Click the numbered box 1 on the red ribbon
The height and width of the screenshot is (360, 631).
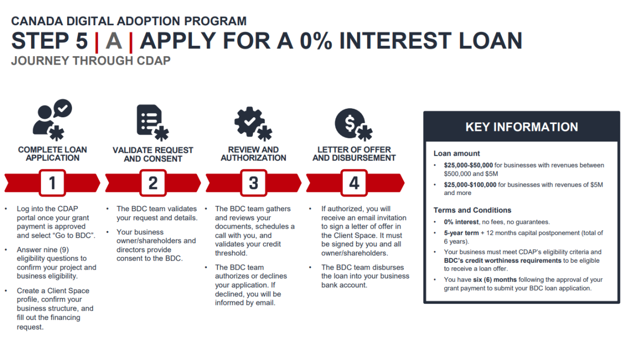[x=53, y=183]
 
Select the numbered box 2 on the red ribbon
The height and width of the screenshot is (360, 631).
[x=153, y=183]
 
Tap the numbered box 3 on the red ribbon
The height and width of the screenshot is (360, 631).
[x=253, y=183]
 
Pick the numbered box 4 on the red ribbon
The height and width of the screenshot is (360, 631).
[x=354, y=183]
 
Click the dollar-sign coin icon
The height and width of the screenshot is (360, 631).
[x=350, y=124]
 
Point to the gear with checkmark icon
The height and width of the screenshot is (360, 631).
[x=250, y=121]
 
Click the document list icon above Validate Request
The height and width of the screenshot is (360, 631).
[x=149, y=120]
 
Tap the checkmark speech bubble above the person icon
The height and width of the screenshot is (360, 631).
[x=63, y=108]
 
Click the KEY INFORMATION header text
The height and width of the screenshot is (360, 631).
[x=522, y=127]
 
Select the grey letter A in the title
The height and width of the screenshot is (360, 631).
[x=114, y=41]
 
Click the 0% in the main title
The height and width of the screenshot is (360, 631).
[x=316, y=41]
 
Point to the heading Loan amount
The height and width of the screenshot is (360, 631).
[x=456, y=153]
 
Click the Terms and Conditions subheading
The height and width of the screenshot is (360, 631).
[x=472, y=210]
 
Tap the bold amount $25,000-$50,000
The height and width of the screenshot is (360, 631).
[x=468, y=165]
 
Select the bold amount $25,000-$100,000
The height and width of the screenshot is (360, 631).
[x=470, y=184]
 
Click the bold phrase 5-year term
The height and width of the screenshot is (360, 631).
[x=461, y=233]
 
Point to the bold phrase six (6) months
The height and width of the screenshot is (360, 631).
[x=495, y=280]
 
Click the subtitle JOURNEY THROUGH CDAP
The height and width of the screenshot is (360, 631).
[x=90, y=61]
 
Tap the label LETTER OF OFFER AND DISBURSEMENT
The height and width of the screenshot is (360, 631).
[x=354, y=153]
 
